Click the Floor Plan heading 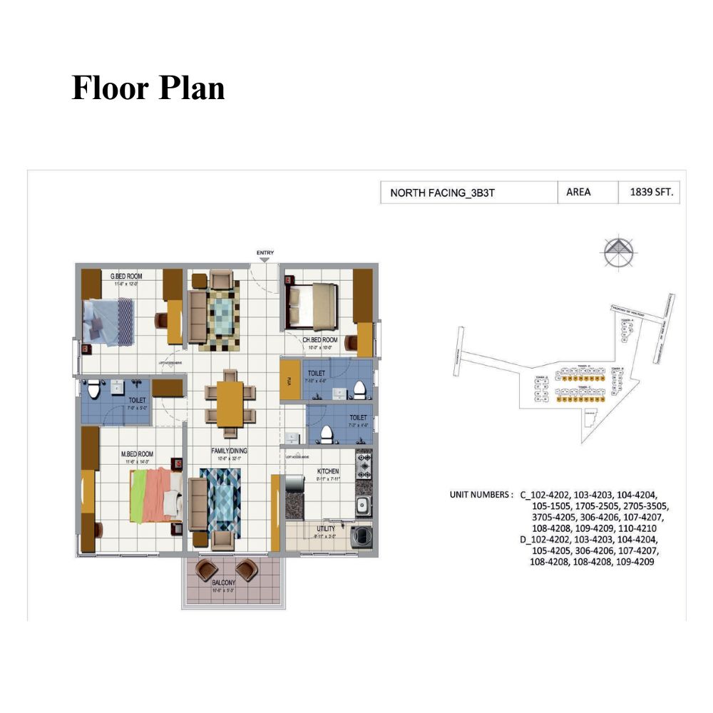click(148, 88)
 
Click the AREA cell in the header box click(578, 193)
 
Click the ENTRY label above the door click(265, 253)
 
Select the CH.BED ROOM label click(320, 340)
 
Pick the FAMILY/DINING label click(228, 451)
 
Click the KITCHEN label click(328, 471)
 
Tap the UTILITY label click(326, 528)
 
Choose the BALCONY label click(223, 583)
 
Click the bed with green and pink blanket click(153, 494)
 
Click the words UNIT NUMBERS click(480, 495)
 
